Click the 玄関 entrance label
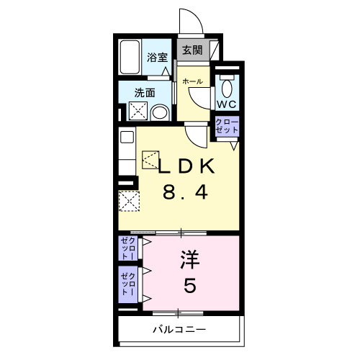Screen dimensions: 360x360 point(192,50)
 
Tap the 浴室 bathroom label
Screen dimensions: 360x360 point(157,58)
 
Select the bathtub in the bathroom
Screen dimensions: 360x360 point(130,57)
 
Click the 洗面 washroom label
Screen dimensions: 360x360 point(145,93)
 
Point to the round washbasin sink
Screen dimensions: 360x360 point(160,113)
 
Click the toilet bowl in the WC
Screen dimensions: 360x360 point(227,89)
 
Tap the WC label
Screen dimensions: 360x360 point(227,104)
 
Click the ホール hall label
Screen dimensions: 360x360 point(192,81)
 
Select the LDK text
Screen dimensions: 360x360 point(186,166)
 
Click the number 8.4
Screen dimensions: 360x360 point(185,193)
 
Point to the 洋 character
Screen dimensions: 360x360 point(190,260)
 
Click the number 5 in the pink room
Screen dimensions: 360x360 point(190,285)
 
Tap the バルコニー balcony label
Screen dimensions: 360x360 point(179,329)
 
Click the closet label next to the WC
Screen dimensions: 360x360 point(227,126)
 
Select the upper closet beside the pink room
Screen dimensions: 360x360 point(128,248)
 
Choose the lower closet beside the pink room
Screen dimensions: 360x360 point(128,284)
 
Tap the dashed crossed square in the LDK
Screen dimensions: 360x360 point(129,201)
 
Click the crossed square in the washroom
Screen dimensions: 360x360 point(138,111)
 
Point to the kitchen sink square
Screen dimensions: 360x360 point(127,138)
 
